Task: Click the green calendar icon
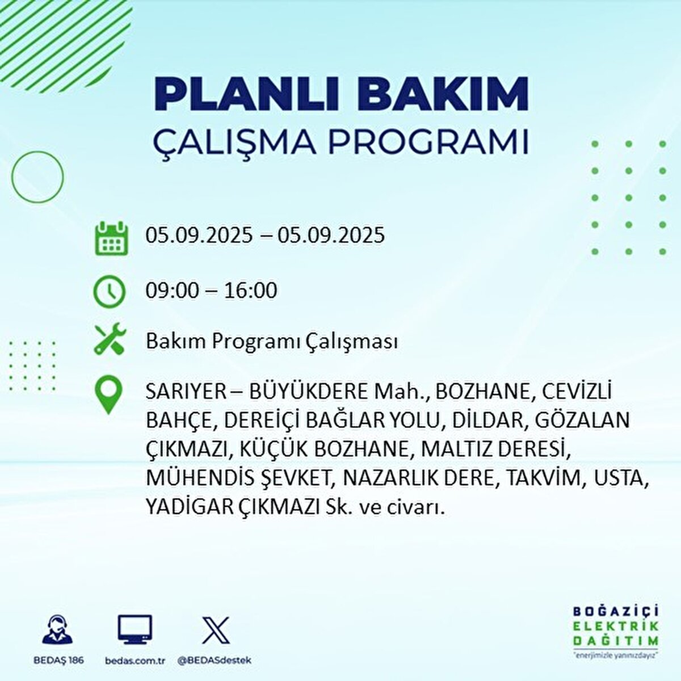(109, 238)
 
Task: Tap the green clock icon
(109, 292)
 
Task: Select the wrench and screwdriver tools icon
(109, 340)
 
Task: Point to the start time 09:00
(173, 291)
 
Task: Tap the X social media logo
(216, 630)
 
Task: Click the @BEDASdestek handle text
(215, 661)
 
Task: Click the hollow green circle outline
(37, 177)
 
